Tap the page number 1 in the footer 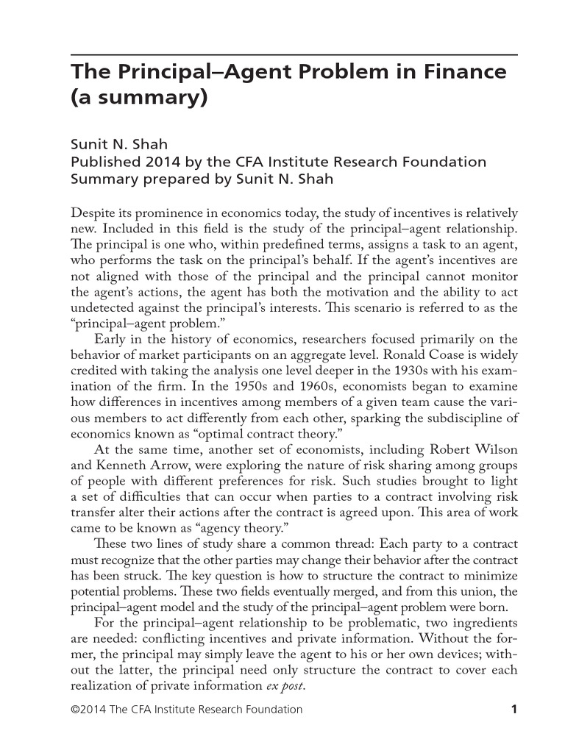pyautogui.click(x=515, y=710)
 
